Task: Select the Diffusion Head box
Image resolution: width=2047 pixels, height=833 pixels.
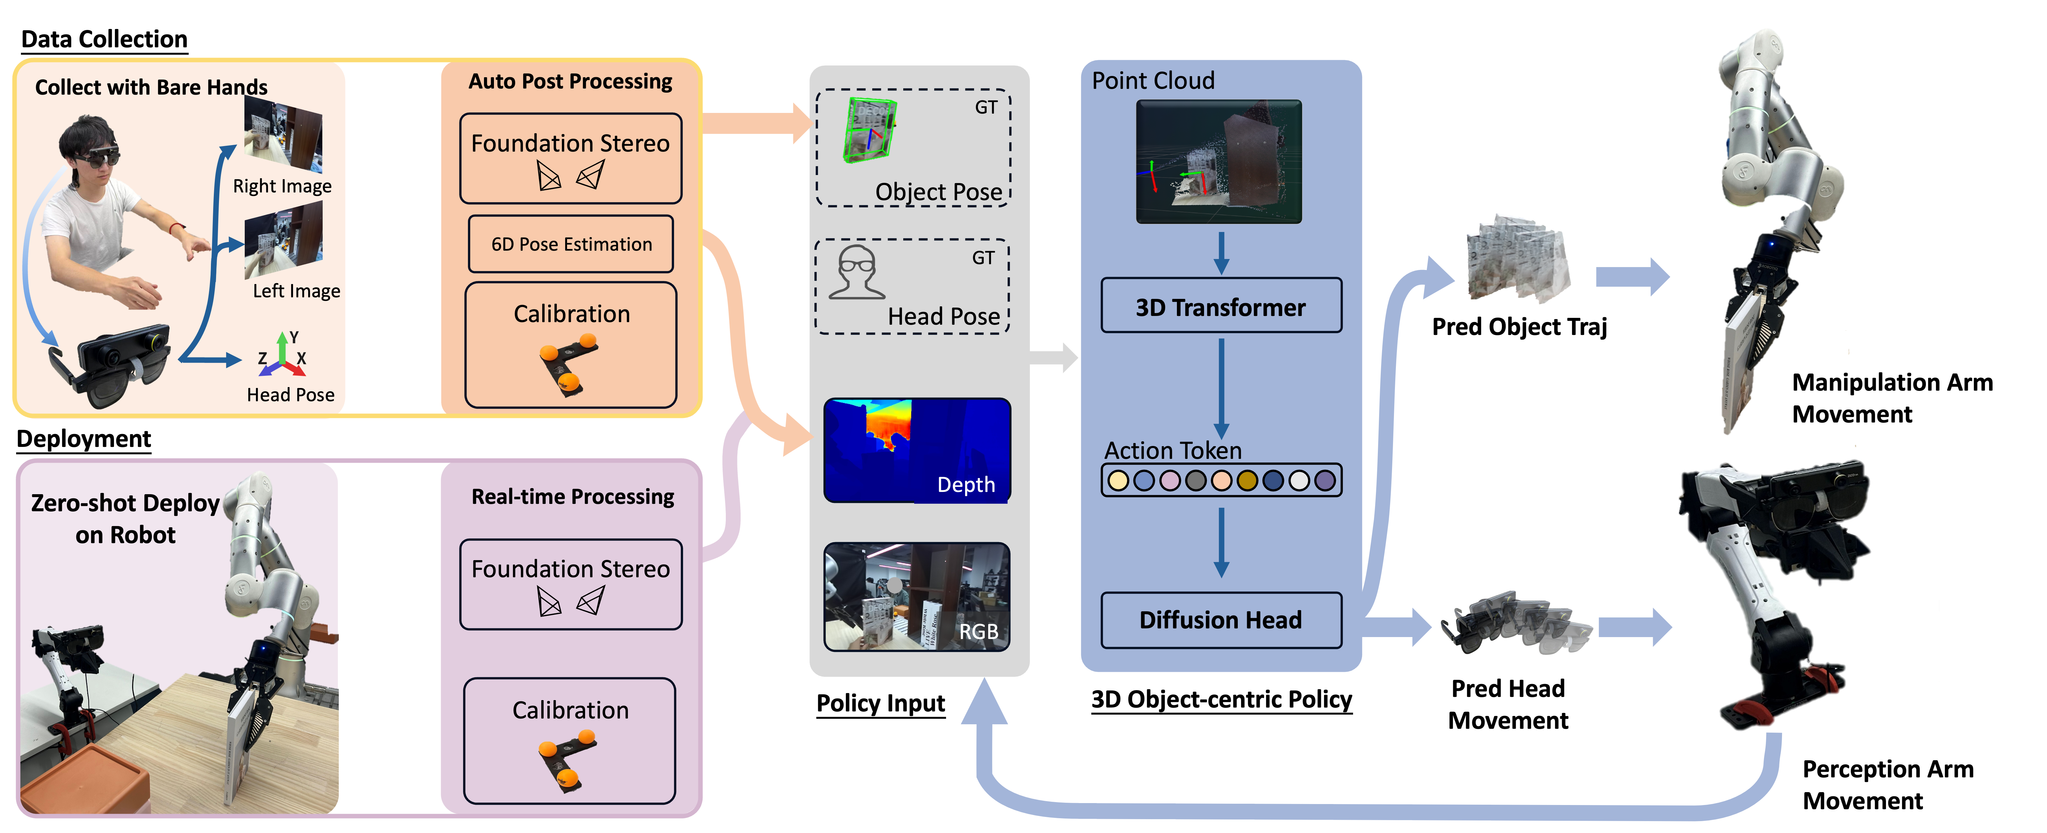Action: click(1221, 619)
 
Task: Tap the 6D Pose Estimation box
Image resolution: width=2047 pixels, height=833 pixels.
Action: click(571, 244)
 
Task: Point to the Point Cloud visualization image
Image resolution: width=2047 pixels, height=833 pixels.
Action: click(1218, 161)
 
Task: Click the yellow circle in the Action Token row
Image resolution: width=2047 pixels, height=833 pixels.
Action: click(1118, 480)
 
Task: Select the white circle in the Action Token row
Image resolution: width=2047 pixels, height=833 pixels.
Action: click(1298, 480)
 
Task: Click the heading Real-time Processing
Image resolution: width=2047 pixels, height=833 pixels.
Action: click(572, 497)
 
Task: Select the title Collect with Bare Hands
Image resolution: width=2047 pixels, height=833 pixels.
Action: click(151, 87)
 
